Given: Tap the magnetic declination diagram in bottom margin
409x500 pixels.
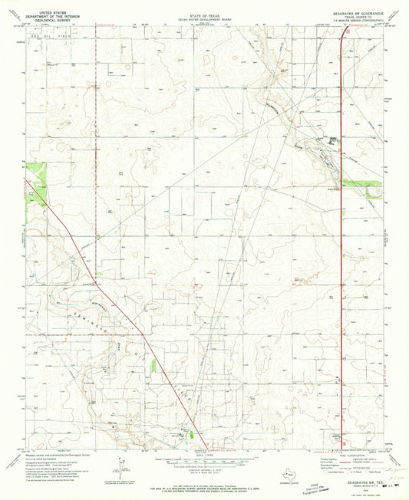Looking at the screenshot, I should coord(124,460).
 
